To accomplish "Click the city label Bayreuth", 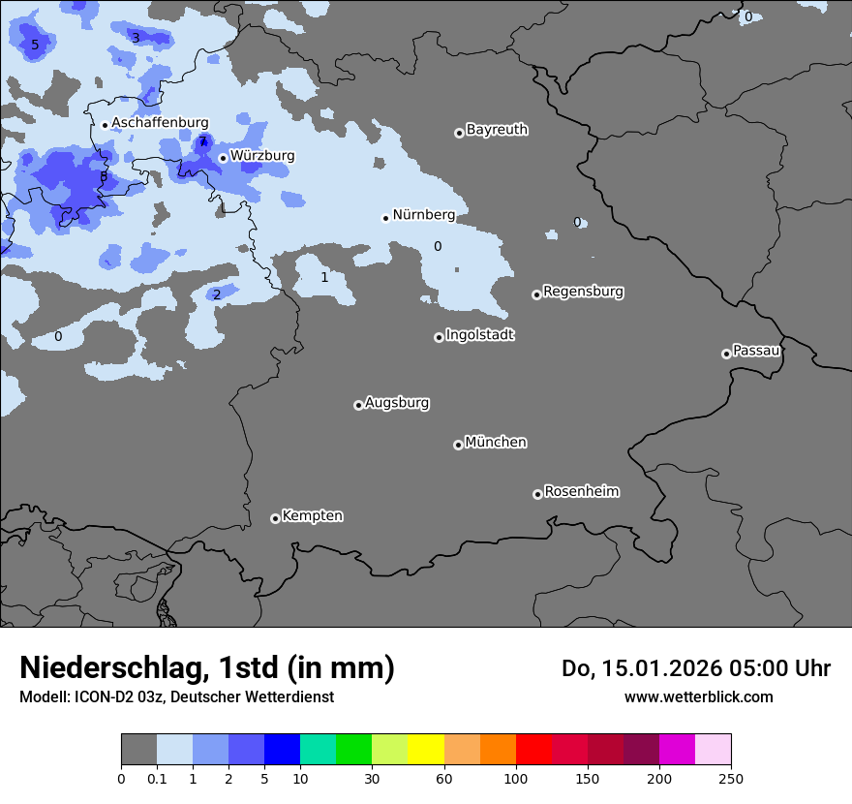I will [x=497, y=130].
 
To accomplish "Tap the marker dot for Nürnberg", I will [x=385, y=218].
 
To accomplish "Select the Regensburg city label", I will [x=583, y=292].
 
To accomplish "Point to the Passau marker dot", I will [x=726, y=354].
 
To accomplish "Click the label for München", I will [x=496, y=443].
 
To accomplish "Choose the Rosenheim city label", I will [x=581, y=492].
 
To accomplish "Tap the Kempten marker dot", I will [x=275, y=518].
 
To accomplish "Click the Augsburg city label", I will [x=397, y=403].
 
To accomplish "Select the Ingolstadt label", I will [x=479, y=335].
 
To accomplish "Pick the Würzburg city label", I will [x=262, y=156].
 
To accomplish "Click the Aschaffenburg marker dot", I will [x=105, y=125].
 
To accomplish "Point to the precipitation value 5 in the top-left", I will [x=35, y=46].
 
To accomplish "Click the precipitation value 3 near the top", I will [x=136, y=38].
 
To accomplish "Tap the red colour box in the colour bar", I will [x=533, y=750].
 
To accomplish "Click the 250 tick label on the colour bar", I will [x=731, y=779].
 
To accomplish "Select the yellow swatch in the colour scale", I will [x=426, y=750].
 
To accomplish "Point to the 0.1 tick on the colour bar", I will [x=157, y=779].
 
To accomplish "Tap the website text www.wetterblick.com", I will [x=698, y=696].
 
